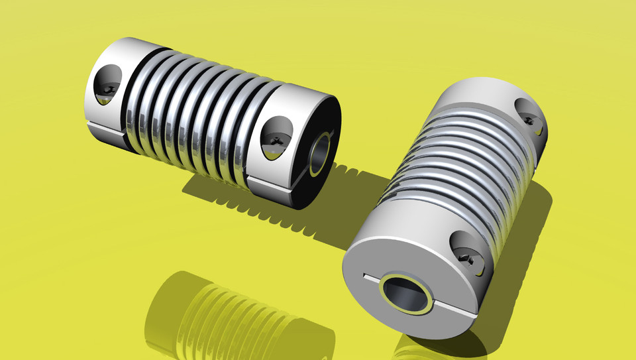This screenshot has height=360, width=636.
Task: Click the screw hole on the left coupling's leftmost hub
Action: (x=107, y=85)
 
